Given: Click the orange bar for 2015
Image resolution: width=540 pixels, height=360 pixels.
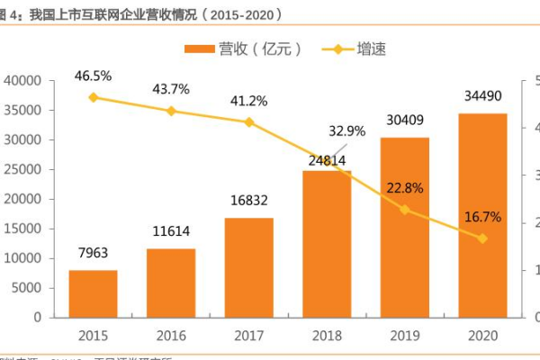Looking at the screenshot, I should coord(94,293).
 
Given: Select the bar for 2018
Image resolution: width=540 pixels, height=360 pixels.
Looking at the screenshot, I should coord(327,243).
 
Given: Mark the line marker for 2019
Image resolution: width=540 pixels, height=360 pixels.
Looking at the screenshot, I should coord(404,209).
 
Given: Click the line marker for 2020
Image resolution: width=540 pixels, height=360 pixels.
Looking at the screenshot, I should coord(481,238).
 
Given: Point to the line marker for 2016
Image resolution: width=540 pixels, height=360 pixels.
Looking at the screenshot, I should coord(171,111).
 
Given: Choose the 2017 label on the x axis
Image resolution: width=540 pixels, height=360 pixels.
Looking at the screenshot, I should coord(248,335).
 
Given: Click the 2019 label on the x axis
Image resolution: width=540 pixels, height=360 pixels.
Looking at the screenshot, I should coord(404,335).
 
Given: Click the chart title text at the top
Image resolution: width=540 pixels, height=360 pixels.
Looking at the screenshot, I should coord(144,14).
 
